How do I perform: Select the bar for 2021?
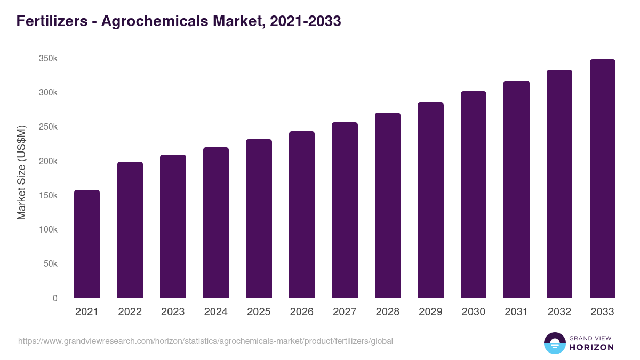pyautogui.click(x=87, y=244)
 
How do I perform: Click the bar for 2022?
pyautogui.click(x=130, y=229)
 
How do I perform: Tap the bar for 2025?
pyautogui.click(x=259, y=218)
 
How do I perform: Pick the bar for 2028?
pyautogui.click(x=388, y=205)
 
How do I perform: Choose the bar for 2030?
pyautogui.click(x=474, y=194)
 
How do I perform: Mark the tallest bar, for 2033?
pyautogui.click(x=602, y=178)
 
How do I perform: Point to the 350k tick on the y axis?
pyautogui.click(x=48, y=58)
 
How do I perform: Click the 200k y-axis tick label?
pyautogui.click(x=48, y=161)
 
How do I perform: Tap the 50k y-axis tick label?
pyautogui.click(x=50, y=263)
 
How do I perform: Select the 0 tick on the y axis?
pyautogui.click(x=55, y=298)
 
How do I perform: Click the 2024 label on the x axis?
pyautogui.click(x=215, y=312)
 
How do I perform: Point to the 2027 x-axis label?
pyautogui.click(x=345, y=312)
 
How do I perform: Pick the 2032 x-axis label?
pyautogui.click(x=559, y=312)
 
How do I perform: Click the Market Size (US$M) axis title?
pyautogui.click(x=21, y=172)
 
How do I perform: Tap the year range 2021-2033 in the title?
pyautogui.click(x=306, y=21)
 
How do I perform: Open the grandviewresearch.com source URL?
pyautogui.click(x=205, y=341)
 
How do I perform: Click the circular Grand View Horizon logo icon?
pyautogui.click(x=554, y=343)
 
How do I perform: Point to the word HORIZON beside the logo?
pyautogui.click(x=591, y=347)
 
